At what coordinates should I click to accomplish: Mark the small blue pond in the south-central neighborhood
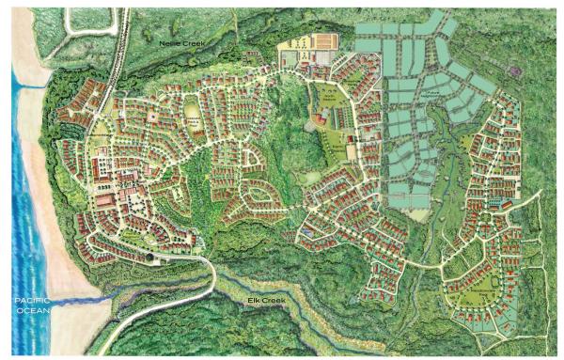point(309,227)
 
